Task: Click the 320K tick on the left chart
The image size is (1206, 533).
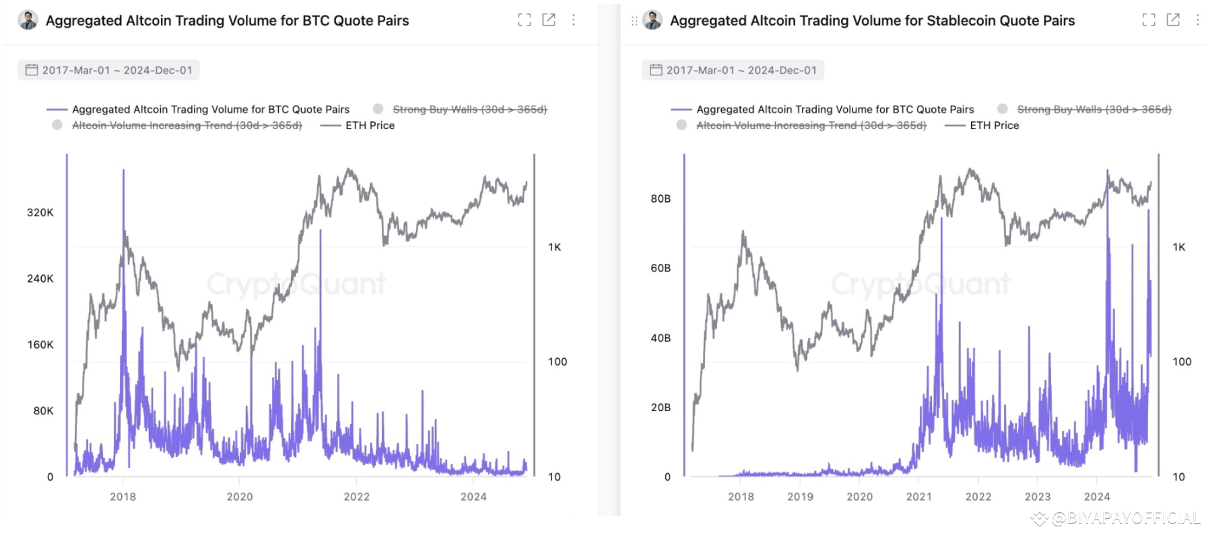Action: coord(40,213)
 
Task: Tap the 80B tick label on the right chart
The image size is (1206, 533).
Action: coord(660,199)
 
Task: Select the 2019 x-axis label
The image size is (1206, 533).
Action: coord(800,497)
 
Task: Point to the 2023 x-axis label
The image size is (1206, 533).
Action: coord(1037,497)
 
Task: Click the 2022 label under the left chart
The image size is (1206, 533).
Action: coord(356,497)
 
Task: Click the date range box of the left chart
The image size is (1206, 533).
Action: coord(108,70)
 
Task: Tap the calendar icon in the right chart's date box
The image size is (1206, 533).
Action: coord(655,70)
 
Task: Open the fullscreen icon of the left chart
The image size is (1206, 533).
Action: coord(524,20)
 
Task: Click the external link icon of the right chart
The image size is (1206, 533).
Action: coord(1173,20)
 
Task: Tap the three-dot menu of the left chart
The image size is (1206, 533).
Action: coord(573,20)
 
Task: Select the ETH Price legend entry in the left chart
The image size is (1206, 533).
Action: coord(369,125)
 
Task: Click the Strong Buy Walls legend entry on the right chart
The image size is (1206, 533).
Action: coord(1094,109)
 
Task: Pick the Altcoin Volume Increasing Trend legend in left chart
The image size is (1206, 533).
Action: coord(187,125)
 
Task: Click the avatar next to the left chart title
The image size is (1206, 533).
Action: coord(28,20)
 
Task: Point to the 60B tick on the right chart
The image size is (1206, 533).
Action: coord(660,268)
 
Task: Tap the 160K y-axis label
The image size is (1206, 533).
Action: coord(40,345)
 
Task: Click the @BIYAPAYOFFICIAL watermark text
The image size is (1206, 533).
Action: coord(1125,518)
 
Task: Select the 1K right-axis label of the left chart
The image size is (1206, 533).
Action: coord(554,247)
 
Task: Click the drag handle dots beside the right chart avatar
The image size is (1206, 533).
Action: coord(634,21)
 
